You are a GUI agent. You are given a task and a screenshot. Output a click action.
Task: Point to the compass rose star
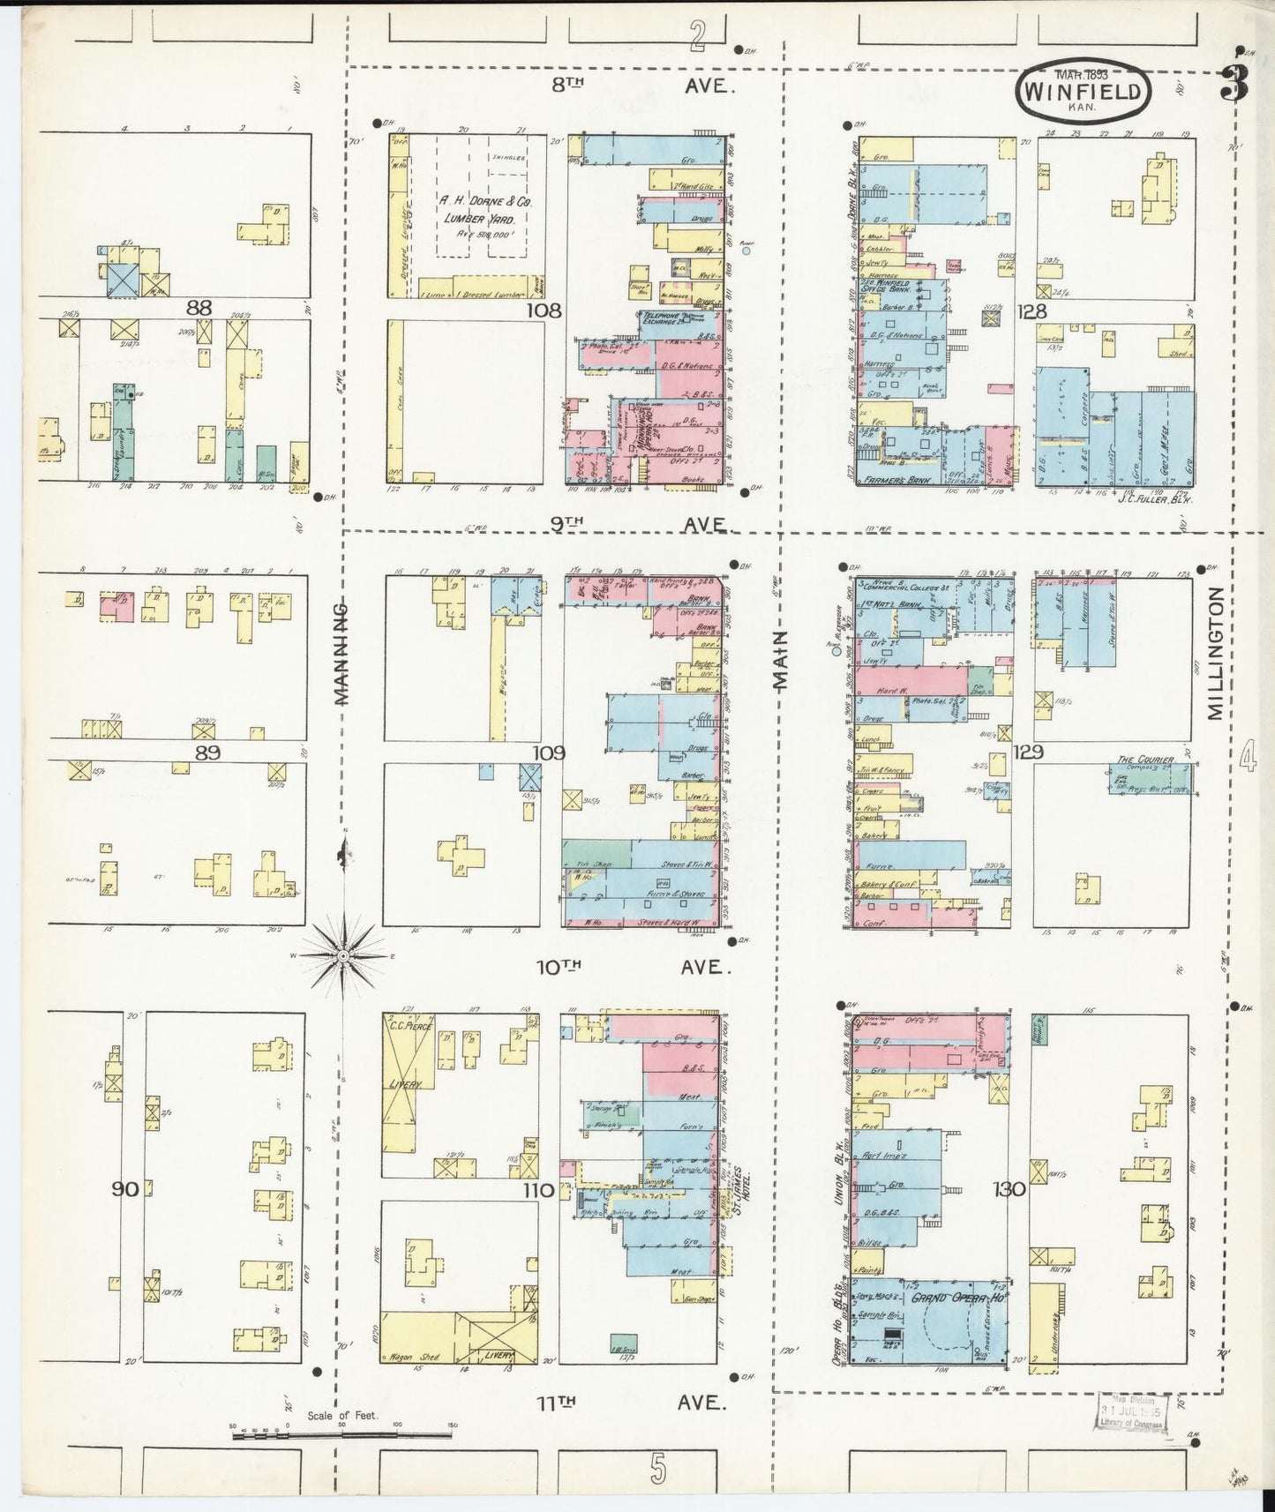click(x=342, y=955)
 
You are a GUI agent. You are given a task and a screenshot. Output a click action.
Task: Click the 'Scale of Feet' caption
click(x=342, y=1415)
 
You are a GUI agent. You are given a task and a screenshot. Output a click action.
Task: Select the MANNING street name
click(x=342, y=655)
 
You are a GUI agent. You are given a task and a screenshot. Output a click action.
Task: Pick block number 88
click(x=199, y=308)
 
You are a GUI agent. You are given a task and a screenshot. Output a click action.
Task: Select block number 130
click(x=1009, y=1188)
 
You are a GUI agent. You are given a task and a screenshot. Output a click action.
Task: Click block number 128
click(x=1030, y=311)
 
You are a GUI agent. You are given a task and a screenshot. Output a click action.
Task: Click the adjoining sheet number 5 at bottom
click(x=656, y=1468)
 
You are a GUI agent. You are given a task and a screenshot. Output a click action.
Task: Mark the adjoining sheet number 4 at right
click(x=1247, y=757)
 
